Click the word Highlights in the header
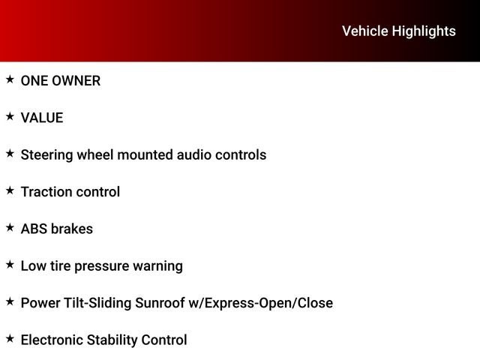pos(424,31)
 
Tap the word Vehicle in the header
pos(365,31)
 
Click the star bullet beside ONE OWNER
pos(10,79)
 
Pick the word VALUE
pos(42,118)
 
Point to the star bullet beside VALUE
pos(10,116)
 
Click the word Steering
pos(46,155)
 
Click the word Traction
pos(46,192)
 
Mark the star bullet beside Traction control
pos(10,190)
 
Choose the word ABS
pos(34,229)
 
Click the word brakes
pos(72,229)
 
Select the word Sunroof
pos(160,303)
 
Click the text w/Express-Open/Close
pos(261,303)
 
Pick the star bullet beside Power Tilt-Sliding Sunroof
pos(10,301)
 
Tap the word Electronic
pos(52,340)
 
